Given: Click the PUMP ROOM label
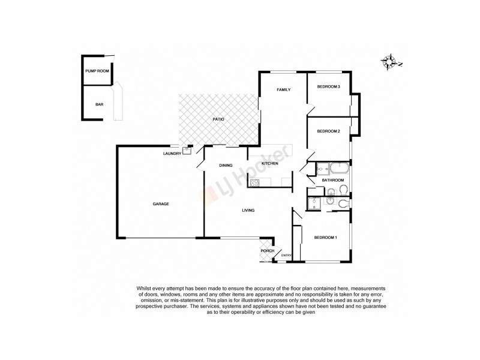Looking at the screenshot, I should coord(97,71).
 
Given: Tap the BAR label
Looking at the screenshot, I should coord(99,104).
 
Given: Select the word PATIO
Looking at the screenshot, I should coord(218,120).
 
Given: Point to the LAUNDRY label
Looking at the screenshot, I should coord(172,154).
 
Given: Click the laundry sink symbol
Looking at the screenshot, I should coord(187,151).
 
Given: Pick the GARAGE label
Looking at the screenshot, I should coord(160,204).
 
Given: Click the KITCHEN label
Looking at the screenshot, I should coord(269,163).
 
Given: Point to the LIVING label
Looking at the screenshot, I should coord(248,211).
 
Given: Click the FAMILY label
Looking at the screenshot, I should coord(283,90).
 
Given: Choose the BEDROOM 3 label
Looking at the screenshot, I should coord(328,87).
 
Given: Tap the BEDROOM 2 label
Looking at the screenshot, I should coord(328,131).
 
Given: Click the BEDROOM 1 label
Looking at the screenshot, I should coord(325,238).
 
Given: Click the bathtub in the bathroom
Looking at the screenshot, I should coord(337,168).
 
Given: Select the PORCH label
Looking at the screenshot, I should coord(267,251).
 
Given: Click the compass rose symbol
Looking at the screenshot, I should coord(391,61).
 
